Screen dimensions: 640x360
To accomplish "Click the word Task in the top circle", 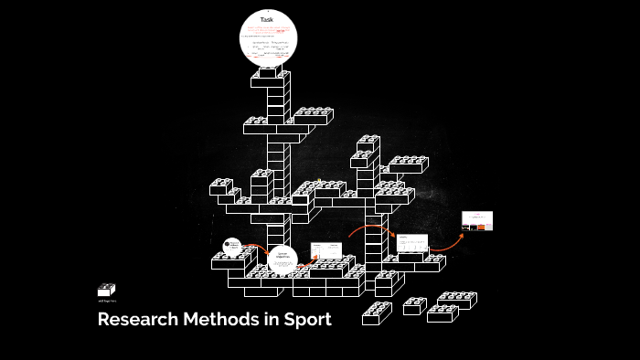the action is (x=267, y=19).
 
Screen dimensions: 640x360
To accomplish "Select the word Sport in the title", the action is (x=309, y=320).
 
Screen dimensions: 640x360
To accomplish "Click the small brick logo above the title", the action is (x=106, y=290).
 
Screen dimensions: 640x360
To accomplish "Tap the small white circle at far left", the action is (x=232, y=246).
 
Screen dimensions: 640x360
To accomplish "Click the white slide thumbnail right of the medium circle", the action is (x=325, y=250).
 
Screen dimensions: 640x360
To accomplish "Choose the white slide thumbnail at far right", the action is (x=477, y=220).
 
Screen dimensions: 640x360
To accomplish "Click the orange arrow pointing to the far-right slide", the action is (x=447, y=242).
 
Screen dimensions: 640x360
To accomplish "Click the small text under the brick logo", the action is (x=107, y=301).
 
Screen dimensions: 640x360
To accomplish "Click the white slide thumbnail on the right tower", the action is (x=412, y=243).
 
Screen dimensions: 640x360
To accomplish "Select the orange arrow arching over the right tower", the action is (x=369, y=228).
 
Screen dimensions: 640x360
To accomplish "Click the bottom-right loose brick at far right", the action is (x=443, y=312).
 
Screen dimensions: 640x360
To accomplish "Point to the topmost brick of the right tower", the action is (x=368, y=143).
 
